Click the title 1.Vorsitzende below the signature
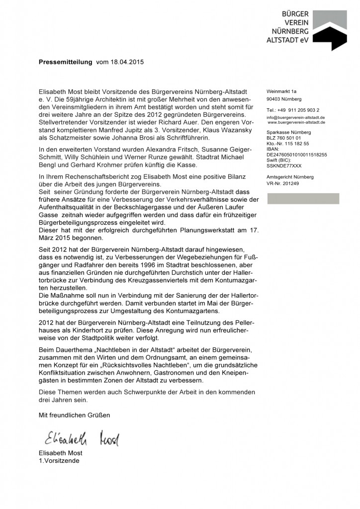click(59, 461)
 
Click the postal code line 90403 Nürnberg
click(283, 99)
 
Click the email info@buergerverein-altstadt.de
click(295, 117)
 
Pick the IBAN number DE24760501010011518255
click(296, 155)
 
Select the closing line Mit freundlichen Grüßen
click(74, 415)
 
